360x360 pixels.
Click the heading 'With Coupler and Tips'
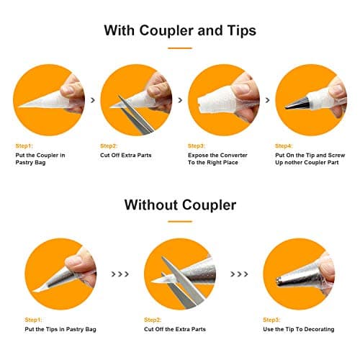pos(180,30)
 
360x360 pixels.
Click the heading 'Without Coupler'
pos(180,205)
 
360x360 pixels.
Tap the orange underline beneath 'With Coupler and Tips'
pos(180,48)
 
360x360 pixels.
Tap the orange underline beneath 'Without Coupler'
pos(180,222)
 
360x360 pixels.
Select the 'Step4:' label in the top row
pos(284,146)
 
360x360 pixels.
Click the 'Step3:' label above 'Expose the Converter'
pos(197,146)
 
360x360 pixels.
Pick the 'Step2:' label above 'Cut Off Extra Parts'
pos(109,146)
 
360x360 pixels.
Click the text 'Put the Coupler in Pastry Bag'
pos(40,159)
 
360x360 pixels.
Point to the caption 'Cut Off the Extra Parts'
pos(175,329)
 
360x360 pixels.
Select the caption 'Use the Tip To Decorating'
pos(299,329)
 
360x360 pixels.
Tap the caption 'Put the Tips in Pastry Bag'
pos(60,329)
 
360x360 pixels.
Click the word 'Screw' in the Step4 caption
pos(336,156)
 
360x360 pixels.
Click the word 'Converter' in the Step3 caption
pos(233,156)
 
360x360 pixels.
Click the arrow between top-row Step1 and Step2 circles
pos(93,100)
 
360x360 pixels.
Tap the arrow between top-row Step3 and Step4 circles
pos(267,100)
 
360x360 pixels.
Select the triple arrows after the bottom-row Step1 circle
pos(120,274)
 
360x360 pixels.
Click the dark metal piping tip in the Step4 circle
pos(297,103)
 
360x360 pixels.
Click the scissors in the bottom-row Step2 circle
pos(179,283)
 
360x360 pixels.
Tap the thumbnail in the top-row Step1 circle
pos(68,89)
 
